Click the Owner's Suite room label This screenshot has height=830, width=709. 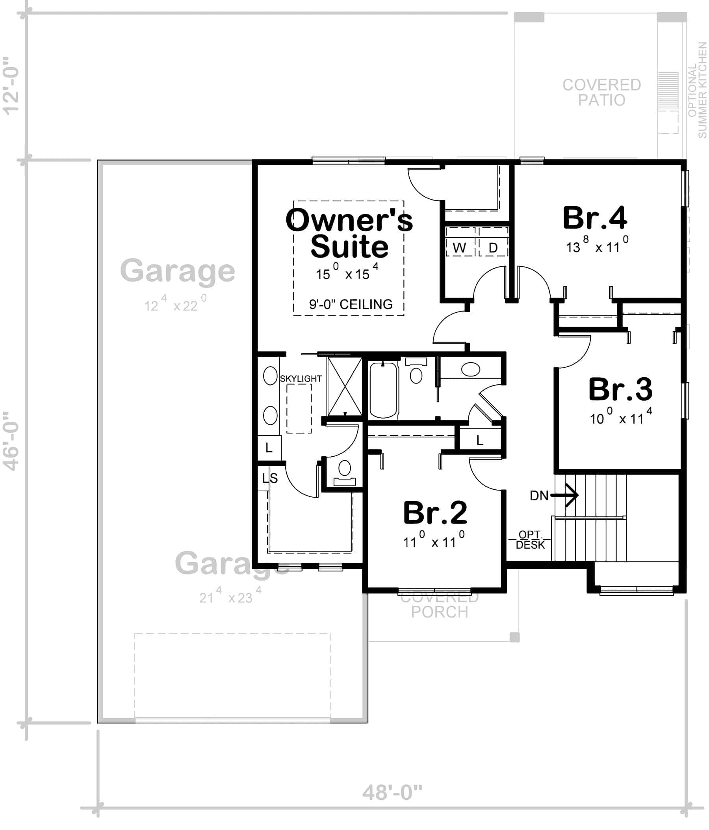coord(349,233)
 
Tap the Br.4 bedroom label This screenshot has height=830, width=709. coord(595,218)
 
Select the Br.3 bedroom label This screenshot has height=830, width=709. coord(620,389)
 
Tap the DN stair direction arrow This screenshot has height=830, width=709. coord(564,496)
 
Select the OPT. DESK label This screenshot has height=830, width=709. coord(530,540)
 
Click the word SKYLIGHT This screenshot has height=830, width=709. coord(301,378)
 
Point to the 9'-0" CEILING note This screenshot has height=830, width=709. coord(351,304)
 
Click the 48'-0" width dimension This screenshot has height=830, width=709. coord(393,792)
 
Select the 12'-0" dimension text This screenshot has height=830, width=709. coord(11,86)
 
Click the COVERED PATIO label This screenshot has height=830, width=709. coord(601,92)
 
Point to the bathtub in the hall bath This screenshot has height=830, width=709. coord(383,390)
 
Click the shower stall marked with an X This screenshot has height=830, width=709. coord(345,387)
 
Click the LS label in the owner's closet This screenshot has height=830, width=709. coord(270,478)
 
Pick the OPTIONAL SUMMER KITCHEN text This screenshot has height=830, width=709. coord(697,90)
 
